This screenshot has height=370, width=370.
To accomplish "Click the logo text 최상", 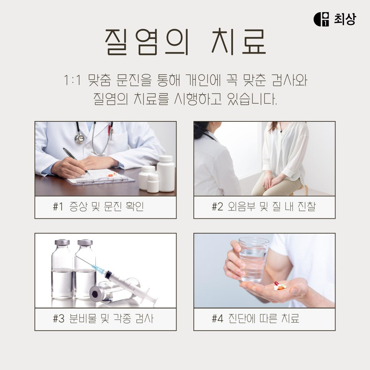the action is tap(345, 19).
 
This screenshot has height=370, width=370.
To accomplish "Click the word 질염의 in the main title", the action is tap(147, 42).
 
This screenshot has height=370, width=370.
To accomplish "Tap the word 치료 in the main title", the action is tap(239, 41).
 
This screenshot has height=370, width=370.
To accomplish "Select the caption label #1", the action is tap(58, 207).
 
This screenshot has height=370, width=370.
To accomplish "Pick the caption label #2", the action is tap(217, 207).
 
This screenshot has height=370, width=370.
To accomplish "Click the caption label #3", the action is tap(59, 319).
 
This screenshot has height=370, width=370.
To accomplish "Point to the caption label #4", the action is tap(217, 319).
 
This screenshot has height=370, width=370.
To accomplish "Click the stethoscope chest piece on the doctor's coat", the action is tap(80, 139).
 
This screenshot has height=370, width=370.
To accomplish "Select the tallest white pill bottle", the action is tap(166, 174).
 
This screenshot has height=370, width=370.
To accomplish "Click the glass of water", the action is tap(253, 260).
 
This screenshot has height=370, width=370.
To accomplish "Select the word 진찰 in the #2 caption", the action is tap(306, 207).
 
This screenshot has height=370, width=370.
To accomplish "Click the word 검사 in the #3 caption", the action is tap(144, 319).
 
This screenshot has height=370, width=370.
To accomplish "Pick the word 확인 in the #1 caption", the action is tap(135, 206).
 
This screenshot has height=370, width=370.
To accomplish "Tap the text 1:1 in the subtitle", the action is tap(72, 80).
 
